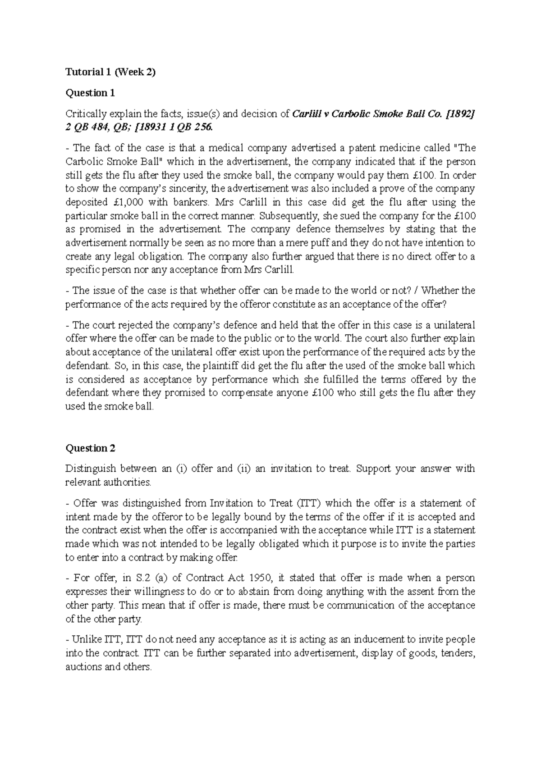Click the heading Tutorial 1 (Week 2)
tap(110, 72)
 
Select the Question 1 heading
tap(90, 93)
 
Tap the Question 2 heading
tap(90, 448)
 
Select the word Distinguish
tap(90, 469)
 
